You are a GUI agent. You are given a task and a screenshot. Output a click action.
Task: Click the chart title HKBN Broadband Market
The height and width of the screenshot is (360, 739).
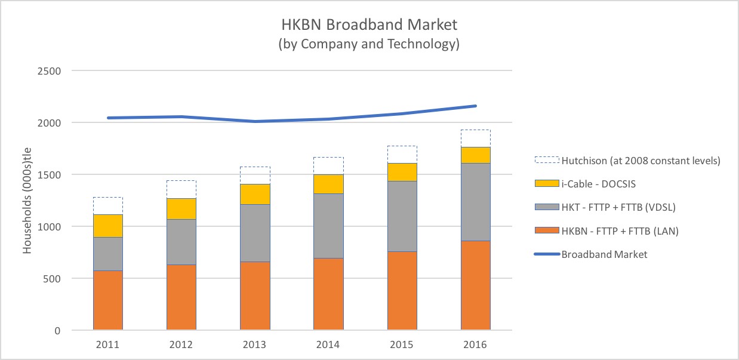369,25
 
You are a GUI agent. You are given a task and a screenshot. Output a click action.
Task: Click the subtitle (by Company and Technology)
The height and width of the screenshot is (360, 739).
369,44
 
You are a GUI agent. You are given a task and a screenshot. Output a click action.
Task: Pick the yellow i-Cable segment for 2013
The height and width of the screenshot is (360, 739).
255,194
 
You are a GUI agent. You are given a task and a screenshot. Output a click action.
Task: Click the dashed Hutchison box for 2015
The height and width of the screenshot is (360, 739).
402,154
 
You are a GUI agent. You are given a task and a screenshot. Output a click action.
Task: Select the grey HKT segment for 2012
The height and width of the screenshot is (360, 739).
181,242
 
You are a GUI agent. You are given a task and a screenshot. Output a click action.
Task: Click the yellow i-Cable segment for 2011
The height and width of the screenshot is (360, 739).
108,226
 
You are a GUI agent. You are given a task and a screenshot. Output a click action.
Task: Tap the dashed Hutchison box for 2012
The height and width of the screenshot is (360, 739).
181,189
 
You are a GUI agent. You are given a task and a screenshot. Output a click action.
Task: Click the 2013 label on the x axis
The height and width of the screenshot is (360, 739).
255,344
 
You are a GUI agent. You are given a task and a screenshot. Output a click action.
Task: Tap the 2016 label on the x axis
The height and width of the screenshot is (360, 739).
476,344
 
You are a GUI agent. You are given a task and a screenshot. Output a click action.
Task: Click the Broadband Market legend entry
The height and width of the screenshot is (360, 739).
603,254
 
